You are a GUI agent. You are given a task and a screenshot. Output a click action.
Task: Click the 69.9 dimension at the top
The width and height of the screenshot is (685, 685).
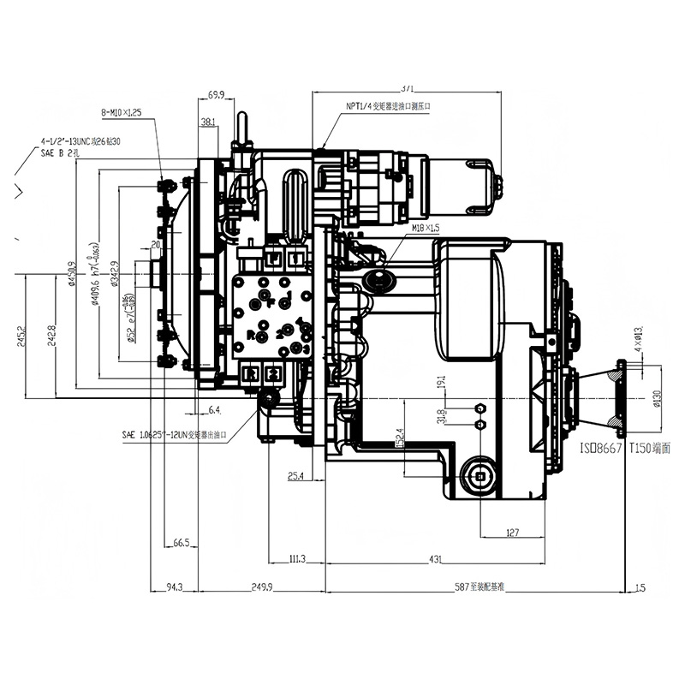point(216,95)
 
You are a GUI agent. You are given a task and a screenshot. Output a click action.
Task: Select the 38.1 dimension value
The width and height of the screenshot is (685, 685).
point(208,122)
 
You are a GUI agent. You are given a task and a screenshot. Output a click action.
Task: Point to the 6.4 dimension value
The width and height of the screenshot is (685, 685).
point(214,410)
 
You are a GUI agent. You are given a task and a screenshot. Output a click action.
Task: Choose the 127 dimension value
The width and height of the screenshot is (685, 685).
point(512,533)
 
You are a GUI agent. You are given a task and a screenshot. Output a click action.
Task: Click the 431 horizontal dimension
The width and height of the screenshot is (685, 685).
point(435,559)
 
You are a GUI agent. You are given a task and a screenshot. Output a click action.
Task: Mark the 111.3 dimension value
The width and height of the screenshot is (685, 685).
point(296,559)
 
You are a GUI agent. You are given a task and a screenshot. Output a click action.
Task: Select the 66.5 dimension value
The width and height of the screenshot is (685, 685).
point(180,543)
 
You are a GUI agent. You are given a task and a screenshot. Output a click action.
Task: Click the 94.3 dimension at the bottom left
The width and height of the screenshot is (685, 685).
point(174,587)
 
